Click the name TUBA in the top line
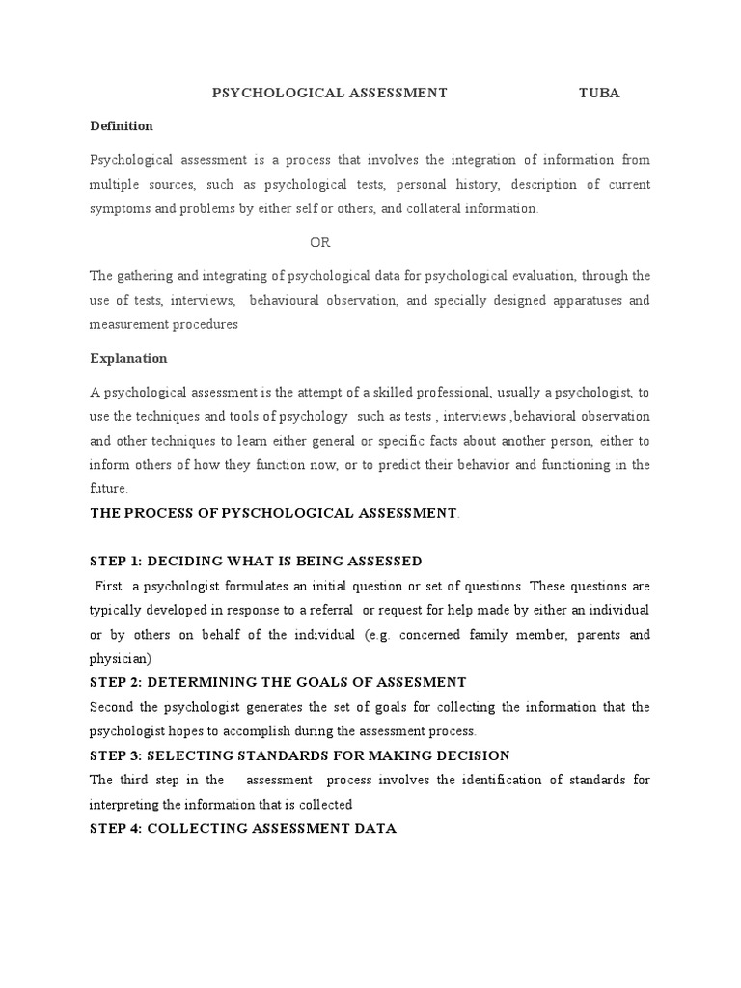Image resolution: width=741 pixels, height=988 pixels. pyautogui.click(x=598, y=93)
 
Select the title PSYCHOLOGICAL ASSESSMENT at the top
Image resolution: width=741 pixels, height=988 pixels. pyautogui.click(x=329, y=93)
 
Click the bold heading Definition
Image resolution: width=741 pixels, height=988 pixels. pyautogui.click(x=121, y=125)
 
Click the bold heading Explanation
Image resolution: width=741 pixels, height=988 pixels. pyautogui.click(x=128, y=358)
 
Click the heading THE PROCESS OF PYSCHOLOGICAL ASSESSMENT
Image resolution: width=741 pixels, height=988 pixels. pyautogui.click(x=274, y=512)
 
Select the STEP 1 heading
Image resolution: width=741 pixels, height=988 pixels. pyautogui.click(x=256, y=561)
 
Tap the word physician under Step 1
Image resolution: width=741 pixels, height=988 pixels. pyautogui.click(x=120, y=658)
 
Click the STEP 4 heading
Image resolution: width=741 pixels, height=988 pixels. pyautogui.click(x=242, y=828)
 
